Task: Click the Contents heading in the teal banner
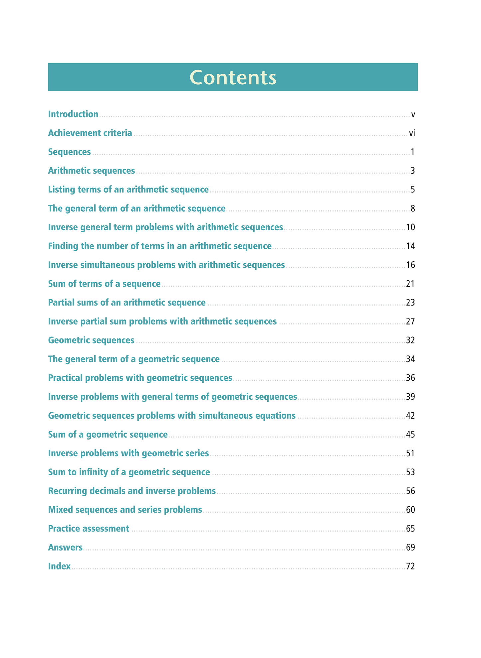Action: [233, 78]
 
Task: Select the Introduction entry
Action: [73, 114]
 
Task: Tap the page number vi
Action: [412, 133]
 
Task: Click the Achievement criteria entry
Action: [90, 133]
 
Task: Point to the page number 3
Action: [413, 171]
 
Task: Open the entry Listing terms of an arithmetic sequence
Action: [128, 190]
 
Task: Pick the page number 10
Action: [410, 227]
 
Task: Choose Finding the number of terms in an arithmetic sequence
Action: [160, 246]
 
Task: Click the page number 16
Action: [410, 265]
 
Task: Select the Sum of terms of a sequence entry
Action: [104, 284]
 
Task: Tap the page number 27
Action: [410, 322]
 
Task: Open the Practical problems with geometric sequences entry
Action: [140, 378]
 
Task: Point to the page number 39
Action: [410, 397]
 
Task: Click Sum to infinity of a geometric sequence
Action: [129, 472]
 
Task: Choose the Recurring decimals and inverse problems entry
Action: [132, 491]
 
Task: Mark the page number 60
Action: [410, 510]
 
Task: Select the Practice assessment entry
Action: [89, 529]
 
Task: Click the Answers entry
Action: [65, 548]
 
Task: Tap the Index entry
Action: [59, 566]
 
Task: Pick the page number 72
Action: [410, 566]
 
